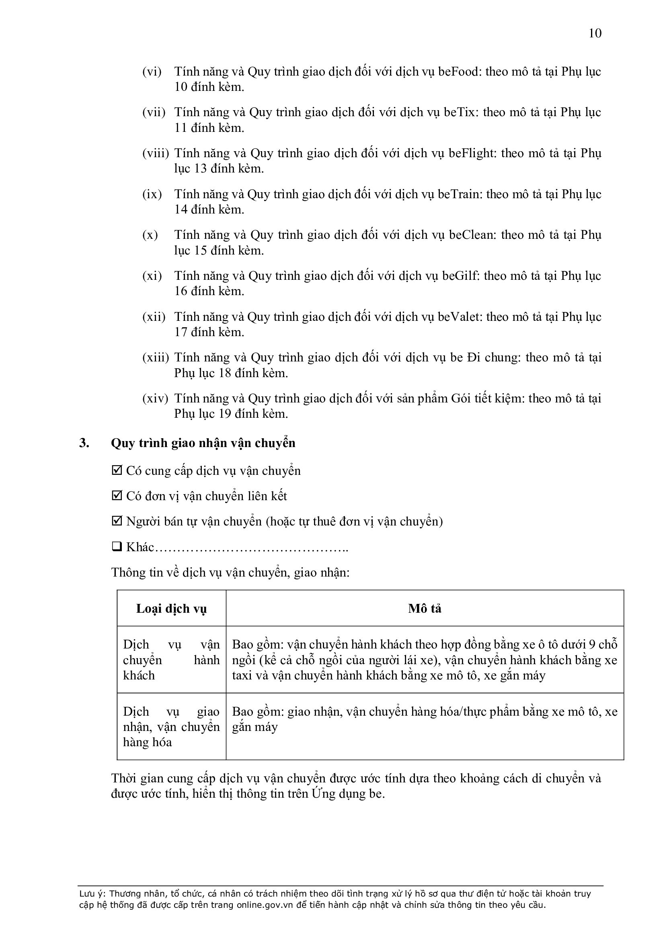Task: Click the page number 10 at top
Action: coord(595,33)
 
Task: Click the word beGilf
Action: coord(460,276)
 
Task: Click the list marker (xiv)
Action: coord(155,398)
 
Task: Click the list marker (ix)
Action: coord(152,194)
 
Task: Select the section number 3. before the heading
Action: coord(84,443)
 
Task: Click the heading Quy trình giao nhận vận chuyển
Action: coord(203,443)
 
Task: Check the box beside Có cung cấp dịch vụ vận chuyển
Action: coord(117,471)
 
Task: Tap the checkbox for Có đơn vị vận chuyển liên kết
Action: coord(117,496)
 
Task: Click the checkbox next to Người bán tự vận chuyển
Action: coord(117,521)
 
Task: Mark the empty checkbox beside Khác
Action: coord(117,547)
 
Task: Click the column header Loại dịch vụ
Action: coord(171,609)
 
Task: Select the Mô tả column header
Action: coord(425,609)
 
